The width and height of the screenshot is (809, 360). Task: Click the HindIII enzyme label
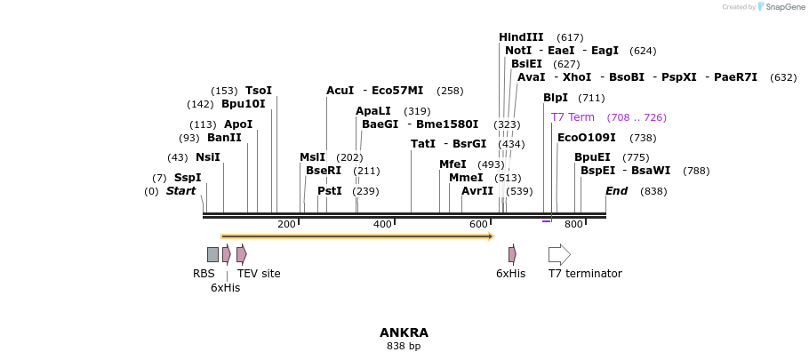pos(521,37)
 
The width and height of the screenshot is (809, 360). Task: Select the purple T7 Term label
pos(573,117)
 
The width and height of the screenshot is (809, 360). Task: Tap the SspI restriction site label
pos(188,178)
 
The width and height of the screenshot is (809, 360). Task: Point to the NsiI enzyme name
pos(207,157)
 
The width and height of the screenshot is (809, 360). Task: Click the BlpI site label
pos(556,98)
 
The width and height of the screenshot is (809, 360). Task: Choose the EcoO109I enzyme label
pos(586,138)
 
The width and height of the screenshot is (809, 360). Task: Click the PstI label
pos(329,191)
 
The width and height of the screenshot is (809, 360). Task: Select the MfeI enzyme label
pos(453,164)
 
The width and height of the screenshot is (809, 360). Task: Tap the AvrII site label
pos(477,191)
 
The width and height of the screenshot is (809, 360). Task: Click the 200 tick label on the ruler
pos(286,224)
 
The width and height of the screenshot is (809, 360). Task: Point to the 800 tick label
pos(573,224)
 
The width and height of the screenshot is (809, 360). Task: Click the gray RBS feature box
pos(212,254)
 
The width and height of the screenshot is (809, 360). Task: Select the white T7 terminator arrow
pos(559,254)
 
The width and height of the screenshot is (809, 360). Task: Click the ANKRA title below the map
pos(404,332)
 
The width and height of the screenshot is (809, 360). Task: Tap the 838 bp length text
pos(404,347)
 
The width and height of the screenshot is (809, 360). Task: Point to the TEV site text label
pos(259,274)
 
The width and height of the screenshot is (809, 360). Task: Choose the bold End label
pos(616,191)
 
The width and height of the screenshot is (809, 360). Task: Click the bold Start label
pos(180,191)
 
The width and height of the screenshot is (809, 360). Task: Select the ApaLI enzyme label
pos(373,111)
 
